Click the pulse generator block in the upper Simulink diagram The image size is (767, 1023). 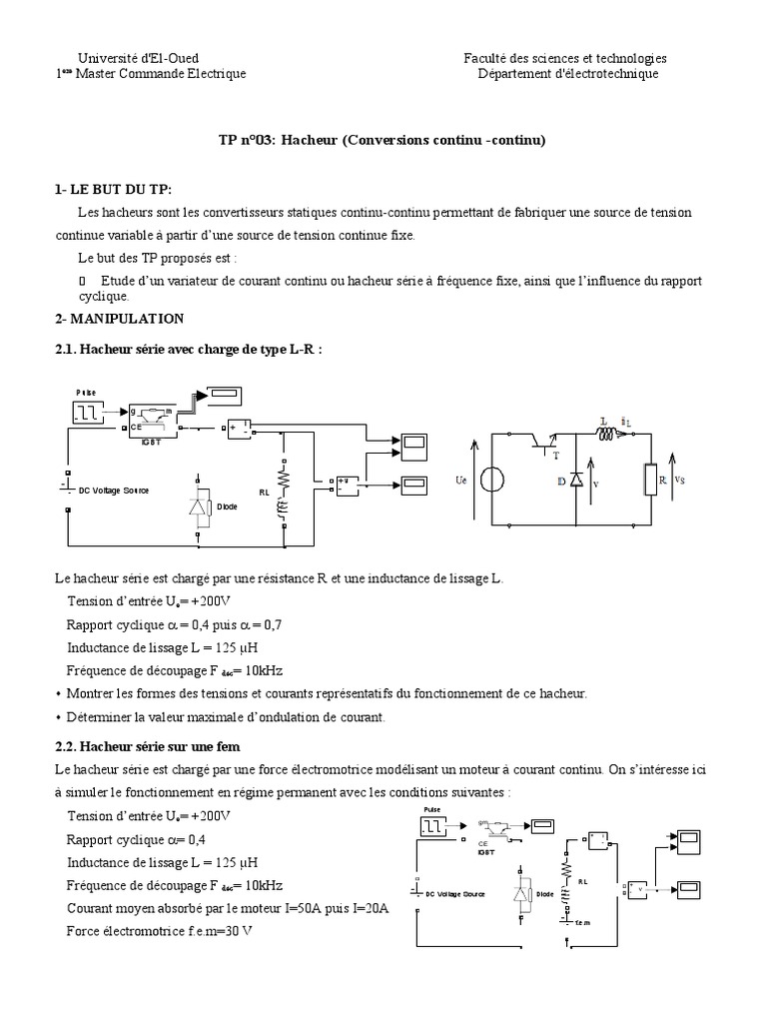click(x=87, y=411)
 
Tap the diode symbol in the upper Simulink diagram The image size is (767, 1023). click(x=199, y=507)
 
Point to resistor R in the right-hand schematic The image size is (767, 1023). click(x=651, y=480)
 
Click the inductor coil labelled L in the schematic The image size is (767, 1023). click(x=606, y=435)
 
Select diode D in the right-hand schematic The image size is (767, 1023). click(x=576, y=481)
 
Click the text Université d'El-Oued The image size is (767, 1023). click(x=137, y=59)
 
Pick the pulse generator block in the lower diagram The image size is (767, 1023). click(x=434, y=825)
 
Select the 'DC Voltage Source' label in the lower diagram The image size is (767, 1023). click(x=452, y=893)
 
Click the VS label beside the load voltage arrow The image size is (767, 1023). click(x=679, y=480)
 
